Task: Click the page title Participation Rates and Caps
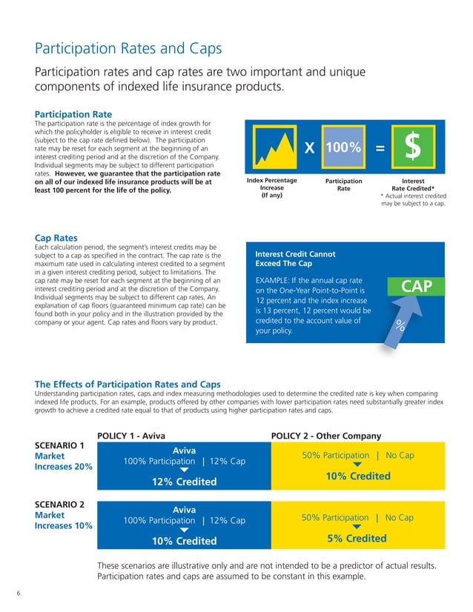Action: point(128,49)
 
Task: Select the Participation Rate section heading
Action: point(73,114)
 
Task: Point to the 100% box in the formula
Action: point(344,148)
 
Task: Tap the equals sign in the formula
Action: point(380,149)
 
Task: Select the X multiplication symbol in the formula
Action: point(309,149)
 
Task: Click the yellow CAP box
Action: point(416,285)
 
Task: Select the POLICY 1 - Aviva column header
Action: point(131,436)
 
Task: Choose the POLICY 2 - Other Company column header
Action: point(326,436)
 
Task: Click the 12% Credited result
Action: point(184,482)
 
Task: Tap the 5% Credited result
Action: point(357,538)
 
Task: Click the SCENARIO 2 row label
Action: point(60,504)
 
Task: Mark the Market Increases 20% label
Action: point(64,462)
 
